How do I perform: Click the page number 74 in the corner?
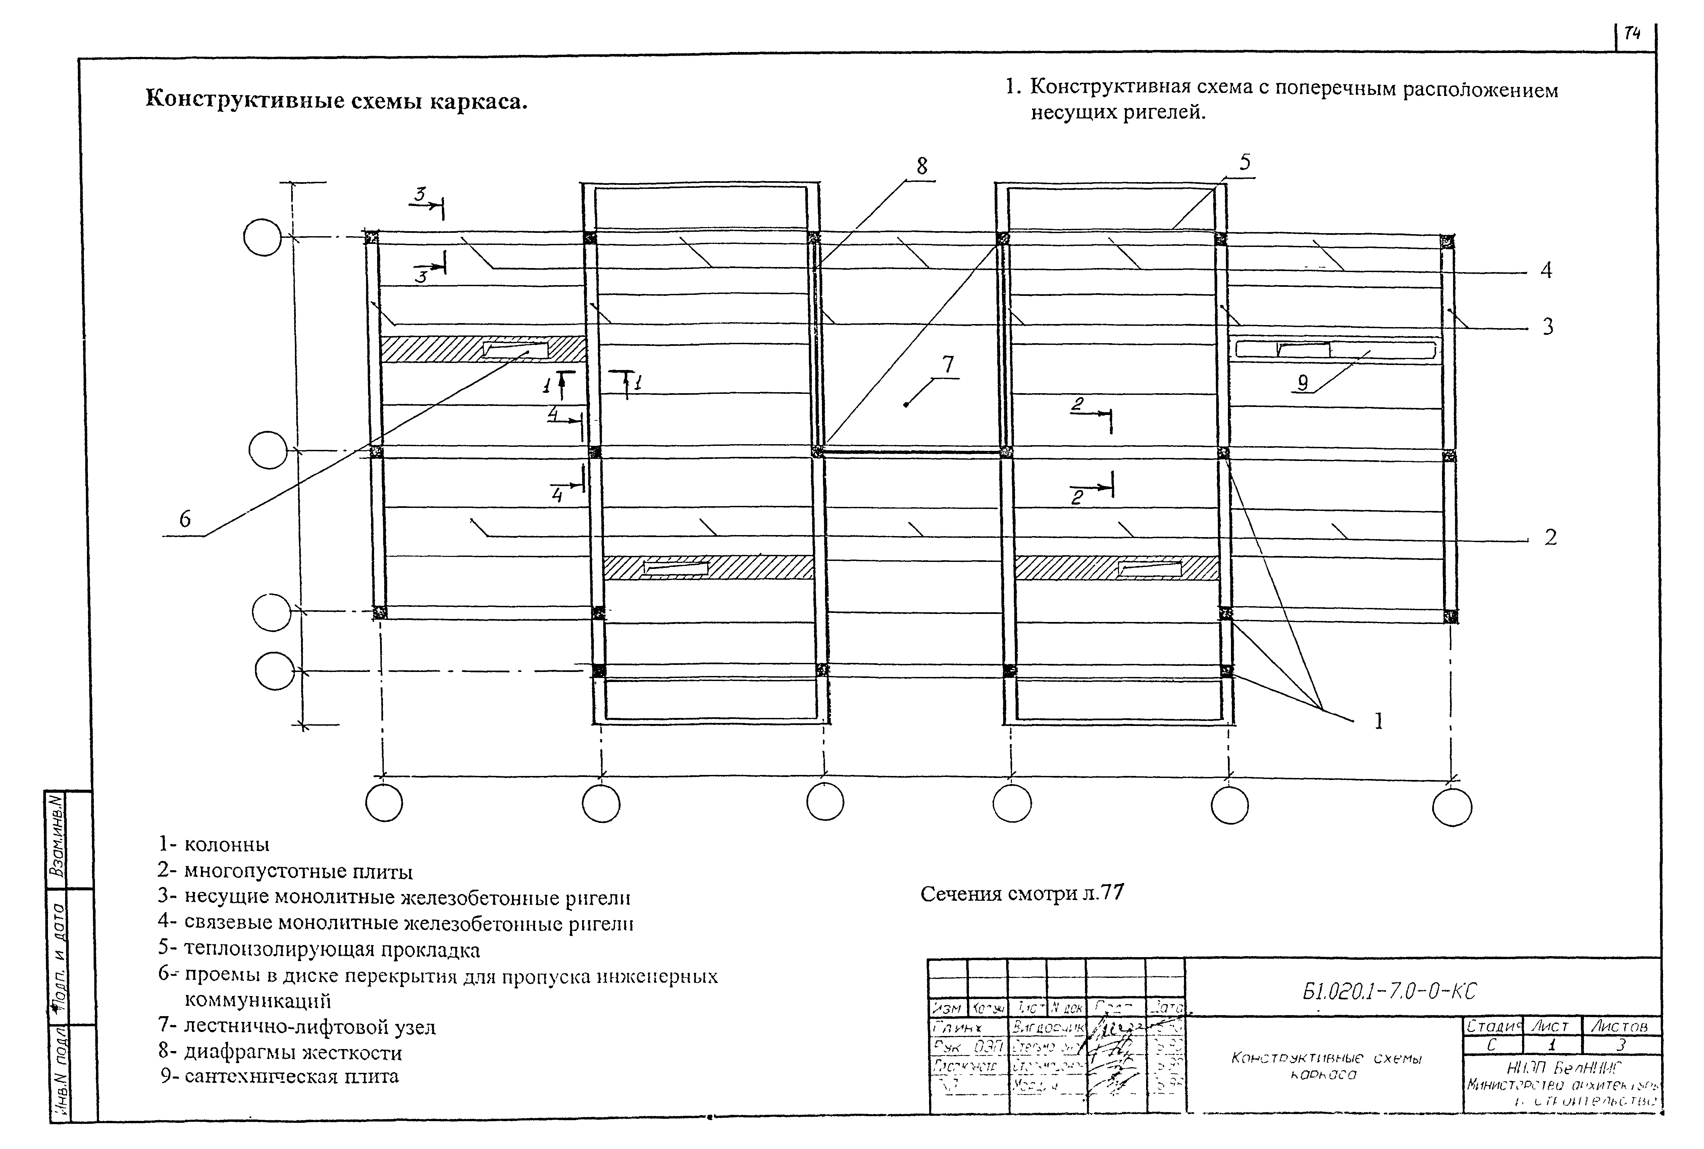1632,34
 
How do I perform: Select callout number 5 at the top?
1245,162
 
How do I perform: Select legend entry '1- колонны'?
214,844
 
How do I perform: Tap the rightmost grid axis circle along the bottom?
1452,807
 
